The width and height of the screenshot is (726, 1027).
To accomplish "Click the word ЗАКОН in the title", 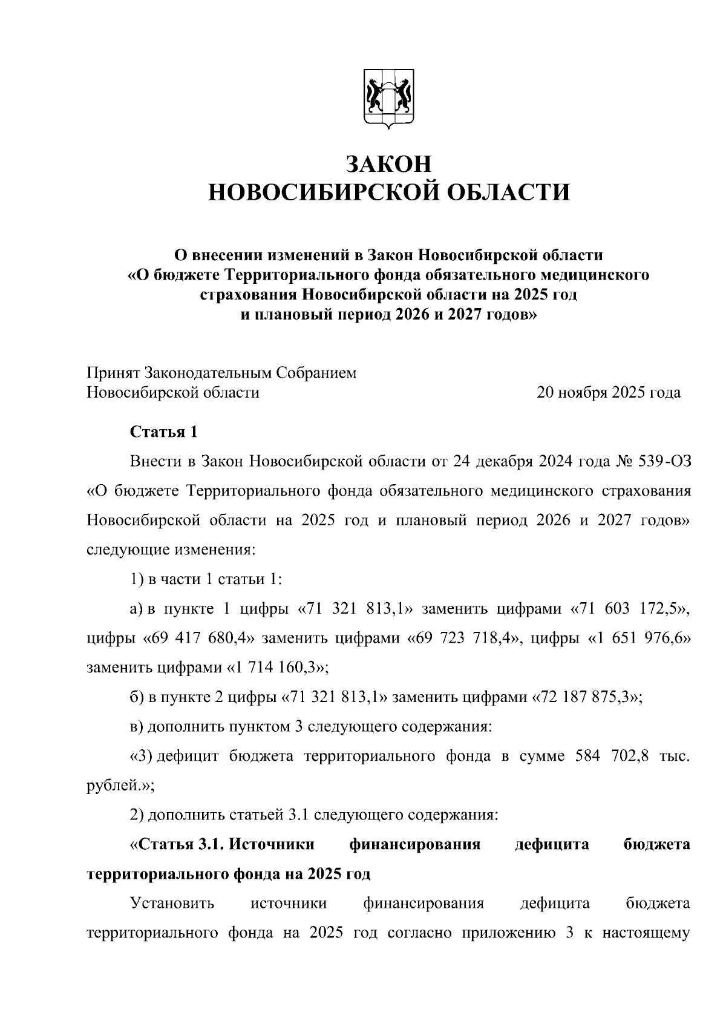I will click(388, 164).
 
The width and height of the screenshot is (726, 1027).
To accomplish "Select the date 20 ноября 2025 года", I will click(608, 393).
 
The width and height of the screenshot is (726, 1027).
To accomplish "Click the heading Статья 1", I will click(163, 432).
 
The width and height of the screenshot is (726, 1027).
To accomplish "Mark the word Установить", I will click(172, 904).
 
